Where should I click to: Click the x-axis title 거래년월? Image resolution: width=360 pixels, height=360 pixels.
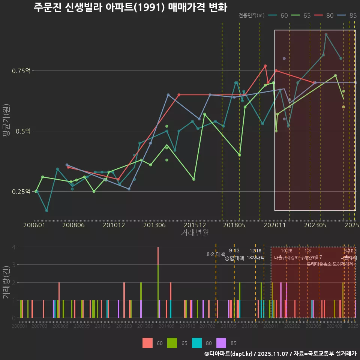coord(195,233)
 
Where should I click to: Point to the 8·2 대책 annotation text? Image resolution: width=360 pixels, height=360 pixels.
coord(216,254)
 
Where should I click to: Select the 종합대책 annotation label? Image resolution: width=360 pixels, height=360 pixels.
coord(234,258)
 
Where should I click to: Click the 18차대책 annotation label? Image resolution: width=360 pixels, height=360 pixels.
coord(256,258)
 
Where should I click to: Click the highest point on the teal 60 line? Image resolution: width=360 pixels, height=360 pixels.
coord(326,34)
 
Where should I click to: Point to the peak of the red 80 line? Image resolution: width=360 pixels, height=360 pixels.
coord(265,66)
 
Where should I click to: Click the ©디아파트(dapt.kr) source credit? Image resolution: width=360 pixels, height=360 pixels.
coord(228,354)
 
